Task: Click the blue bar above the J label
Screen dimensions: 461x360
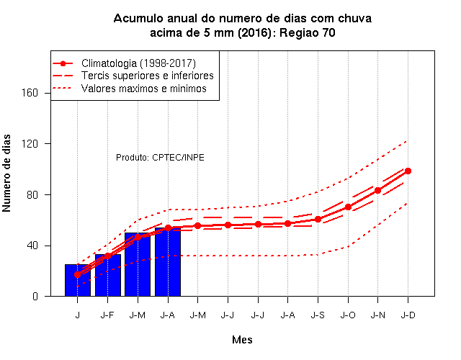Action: (x=78, y=280)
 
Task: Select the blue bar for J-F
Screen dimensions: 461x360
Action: (x=108, y=275)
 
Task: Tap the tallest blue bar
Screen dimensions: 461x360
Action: (x=168, y=262)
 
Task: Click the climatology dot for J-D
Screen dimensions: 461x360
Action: (x=408, y=171)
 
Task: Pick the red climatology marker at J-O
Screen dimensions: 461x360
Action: (x=348, y=207)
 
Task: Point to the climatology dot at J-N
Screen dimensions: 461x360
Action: (x=377, y=190)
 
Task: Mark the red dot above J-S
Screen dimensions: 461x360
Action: (x=318, y=219)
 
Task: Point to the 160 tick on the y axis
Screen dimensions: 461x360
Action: (x=30, y=93)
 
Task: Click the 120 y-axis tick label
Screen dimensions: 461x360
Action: (x=30, y=144)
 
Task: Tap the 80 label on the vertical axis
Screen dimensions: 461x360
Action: (x=32, y=194)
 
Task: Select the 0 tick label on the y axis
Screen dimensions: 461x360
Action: (x=35, y=296)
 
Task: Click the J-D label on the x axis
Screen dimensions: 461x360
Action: (x=408, y=315)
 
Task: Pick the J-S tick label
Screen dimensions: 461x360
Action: (x=318, y=315)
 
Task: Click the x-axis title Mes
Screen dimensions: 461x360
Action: (x=242, y=340)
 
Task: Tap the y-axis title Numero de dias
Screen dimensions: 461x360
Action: (x=6, y=174)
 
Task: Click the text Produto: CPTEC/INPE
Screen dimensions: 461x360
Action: (x=160, y=158)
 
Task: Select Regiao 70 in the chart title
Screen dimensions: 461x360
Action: (x=308, y=32)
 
